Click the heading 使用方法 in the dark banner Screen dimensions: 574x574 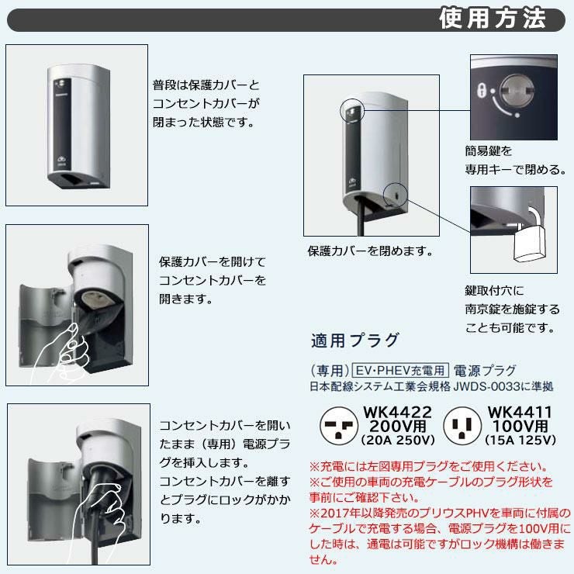pyautogui.click(x=493, y=19)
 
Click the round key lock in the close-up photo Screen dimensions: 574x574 pyautogui.click(x=517, y=90)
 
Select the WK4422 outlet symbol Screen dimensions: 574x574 pyautogui.click(x=339, y=426)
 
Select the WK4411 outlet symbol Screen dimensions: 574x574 pyautogui.click(x=462, y=426)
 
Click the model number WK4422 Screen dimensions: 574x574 pyautogui.click(x=398, y=413)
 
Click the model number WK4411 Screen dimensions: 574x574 pyautogui.click(x=520, y=413)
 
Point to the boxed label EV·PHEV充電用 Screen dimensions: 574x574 pyautogui.click(x=400, y=371)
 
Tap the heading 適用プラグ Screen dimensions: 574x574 pyautogui.click(x=354, y=341)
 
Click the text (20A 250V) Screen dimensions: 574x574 pyautogui.click(x=398, y=440)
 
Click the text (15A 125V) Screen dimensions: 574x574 pyautogui.click(x=520, y=440)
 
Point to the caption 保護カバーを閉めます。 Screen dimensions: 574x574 pyautogui.click(x=371, y=251)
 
